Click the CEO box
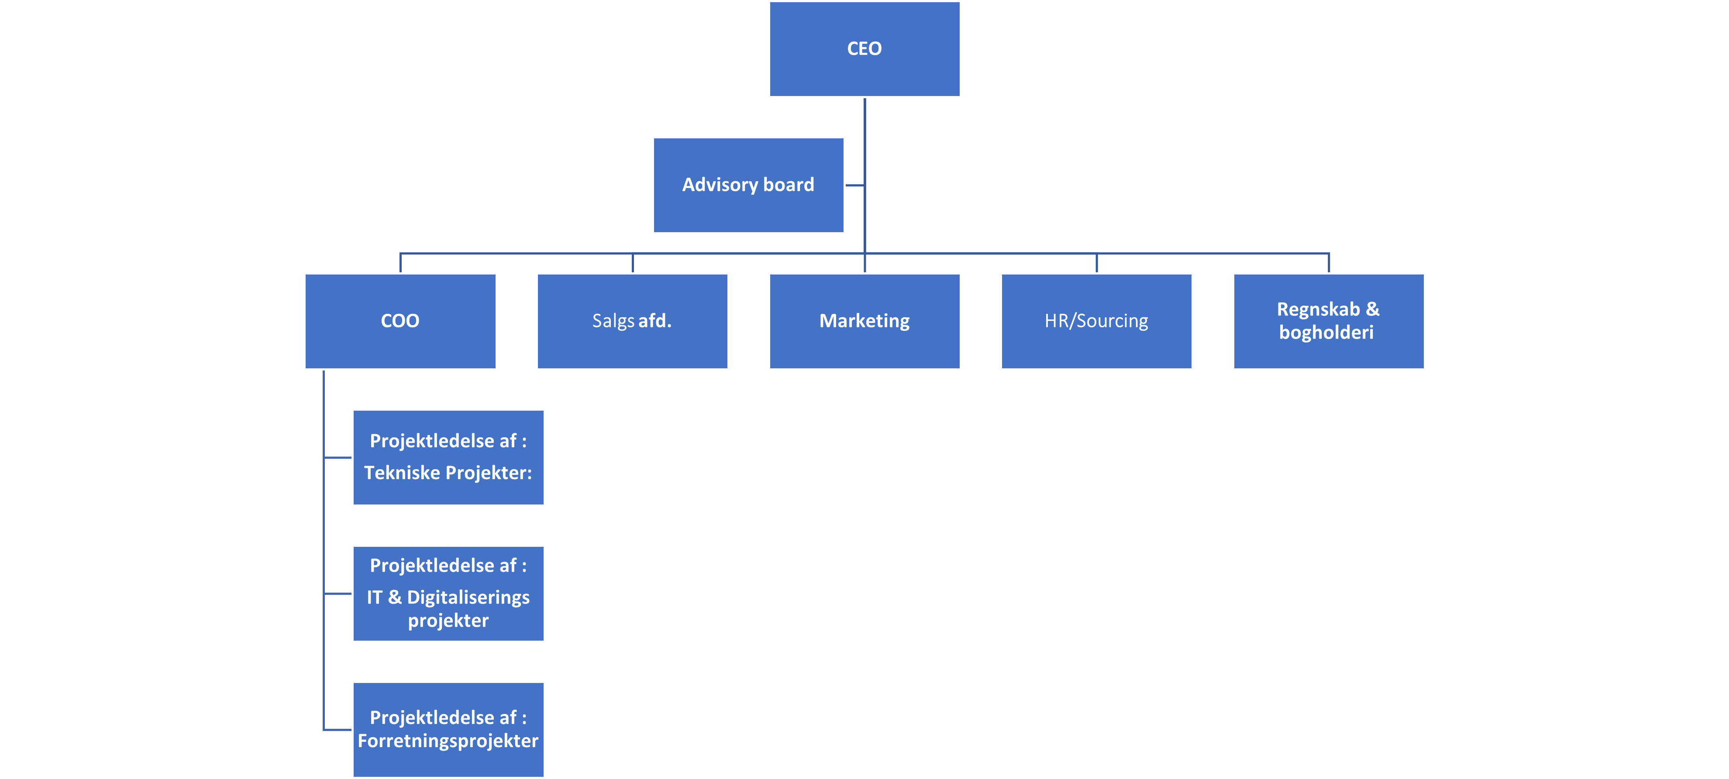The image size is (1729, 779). (864, 49)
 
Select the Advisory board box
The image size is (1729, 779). (748, 185)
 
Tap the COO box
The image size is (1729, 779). (400, 321)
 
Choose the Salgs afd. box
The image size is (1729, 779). (632, 321)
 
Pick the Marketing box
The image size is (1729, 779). (864, 321)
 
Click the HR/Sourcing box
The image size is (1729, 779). (1096, 321)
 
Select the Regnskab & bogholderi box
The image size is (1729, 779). (1328, 321)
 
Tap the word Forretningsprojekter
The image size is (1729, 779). (448, 741)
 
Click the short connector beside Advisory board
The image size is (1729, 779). (854, 185)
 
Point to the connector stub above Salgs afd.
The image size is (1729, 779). (632, 263)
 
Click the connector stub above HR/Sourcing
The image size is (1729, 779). (1096, 263)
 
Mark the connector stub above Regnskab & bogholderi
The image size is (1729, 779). (1328, 263)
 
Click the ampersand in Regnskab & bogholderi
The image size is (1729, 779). (1373, 309)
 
